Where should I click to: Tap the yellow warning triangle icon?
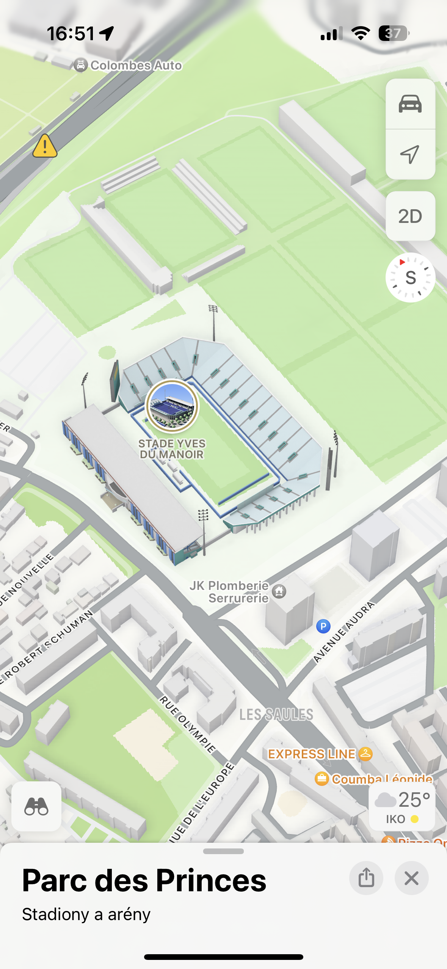tap(45, 146)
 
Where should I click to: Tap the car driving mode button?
tap(410, 103)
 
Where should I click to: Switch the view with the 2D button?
tap(410, 216)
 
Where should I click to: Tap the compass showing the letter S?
tap(410, 278)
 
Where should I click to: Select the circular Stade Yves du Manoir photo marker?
tap(172, 406)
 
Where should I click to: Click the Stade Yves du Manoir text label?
tap(172, 449)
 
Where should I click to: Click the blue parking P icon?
tap(323, 626)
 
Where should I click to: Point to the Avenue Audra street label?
tap(344, 632)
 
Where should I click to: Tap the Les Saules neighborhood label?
tap(276, 715)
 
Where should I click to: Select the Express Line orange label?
tap(312, 754)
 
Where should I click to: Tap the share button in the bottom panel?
tap(366, 878)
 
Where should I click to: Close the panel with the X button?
tap(411, 878)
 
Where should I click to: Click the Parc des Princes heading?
tap(144, 880)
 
